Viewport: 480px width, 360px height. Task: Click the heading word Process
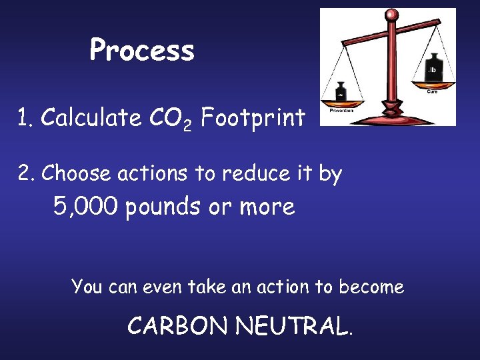coord(142,50)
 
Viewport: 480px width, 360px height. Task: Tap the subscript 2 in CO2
coord(187,125)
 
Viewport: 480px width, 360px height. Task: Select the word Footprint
coord(253,118)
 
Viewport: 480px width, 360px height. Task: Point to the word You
coord(87,287)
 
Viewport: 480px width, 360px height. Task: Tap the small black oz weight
coord(341,91)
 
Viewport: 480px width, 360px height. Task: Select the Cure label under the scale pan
coord(432,92)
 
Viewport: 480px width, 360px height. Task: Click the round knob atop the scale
coord(393,15)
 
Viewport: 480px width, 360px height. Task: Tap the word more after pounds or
coord(267,207)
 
